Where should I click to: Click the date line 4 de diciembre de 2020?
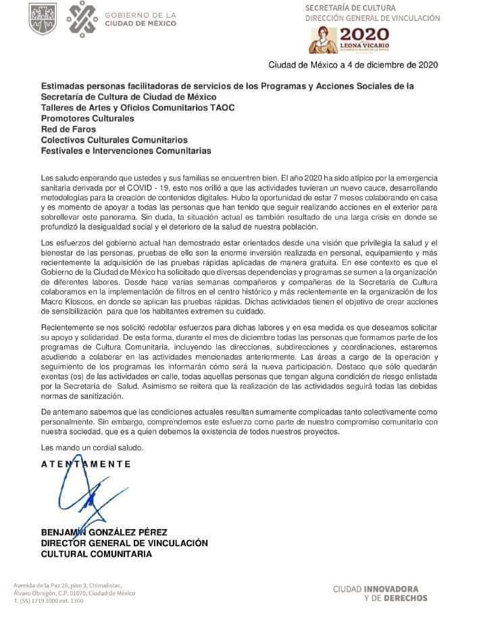tap(353, 65)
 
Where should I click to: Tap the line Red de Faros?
tap(68, 129)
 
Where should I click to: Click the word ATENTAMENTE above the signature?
tap(86, 464)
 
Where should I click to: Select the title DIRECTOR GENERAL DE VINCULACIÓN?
tap(124, 543)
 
